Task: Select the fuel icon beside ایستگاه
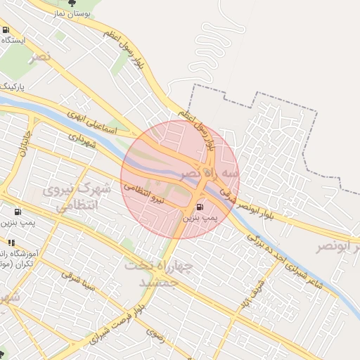6,30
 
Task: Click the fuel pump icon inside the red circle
201,207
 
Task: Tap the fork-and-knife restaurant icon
11,243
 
